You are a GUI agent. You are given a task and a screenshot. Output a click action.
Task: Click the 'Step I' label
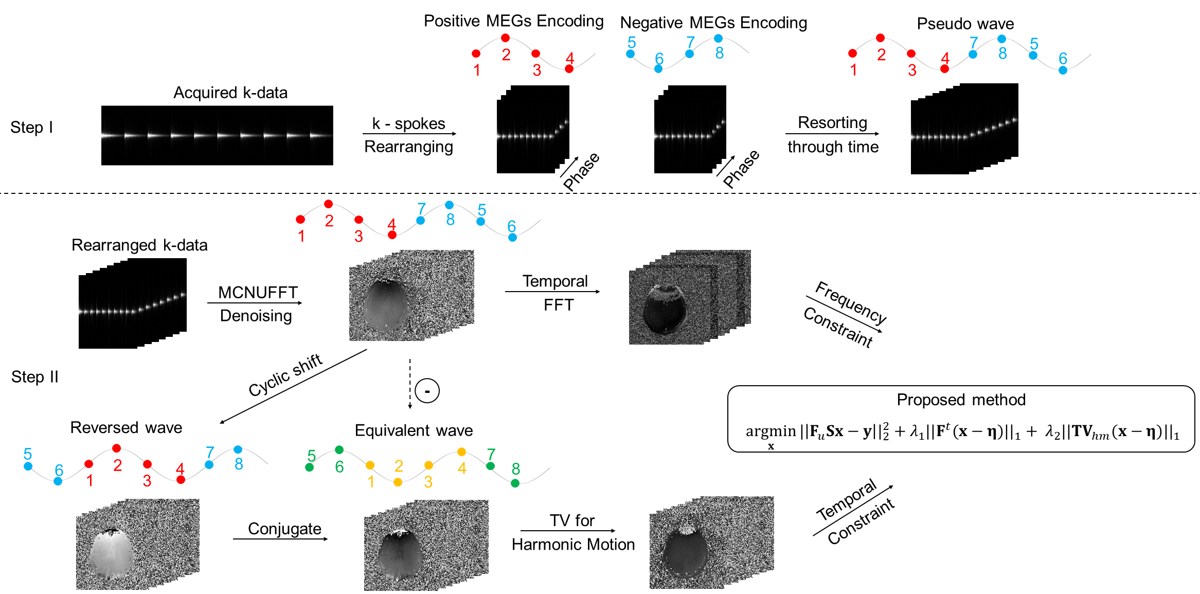(x=31, y=127)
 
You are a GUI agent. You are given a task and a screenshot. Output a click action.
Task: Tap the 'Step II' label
(x=34, y=377)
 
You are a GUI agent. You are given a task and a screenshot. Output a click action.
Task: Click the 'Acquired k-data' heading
(x=230, y=93)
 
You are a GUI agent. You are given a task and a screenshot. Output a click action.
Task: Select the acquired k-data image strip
(x=217, y=135)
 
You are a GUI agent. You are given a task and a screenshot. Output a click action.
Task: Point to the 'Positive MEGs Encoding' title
(x=513, y=21)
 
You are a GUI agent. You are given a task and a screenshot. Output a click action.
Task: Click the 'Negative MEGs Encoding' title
(x=713, y=23)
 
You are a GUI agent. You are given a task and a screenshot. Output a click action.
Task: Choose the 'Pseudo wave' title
(x=965, y=24)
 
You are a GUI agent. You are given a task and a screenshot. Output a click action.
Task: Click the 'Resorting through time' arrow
(x=832, y=134)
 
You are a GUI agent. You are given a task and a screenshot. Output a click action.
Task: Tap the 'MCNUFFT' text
(x=258, y=292)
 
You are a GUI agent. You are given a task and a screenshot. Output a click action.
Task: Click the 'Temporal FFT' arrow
(x=552, y=292)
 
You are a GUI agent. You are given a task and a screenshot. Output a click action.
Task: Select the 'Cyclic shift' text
(x=285, y=375)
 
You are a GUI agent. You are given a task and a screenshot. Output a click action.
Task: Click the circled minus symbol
(x=427, y=391)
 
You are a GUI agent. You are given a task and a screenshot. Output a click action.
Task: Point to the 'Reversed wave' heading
(x=126, y=427)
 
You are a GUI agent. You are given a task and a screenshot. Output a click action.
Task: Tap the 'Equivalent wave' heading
(x=414, y=430)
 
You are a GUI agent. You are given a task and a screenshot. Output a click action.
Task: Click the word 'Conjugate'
(x=284, y=529)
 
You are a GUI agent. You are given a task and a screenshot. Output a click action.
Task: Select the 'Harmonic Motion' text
(x=573, y=544)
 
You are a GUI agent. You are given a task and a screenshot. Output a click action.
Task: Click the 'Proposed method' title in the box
(x=961, y=400)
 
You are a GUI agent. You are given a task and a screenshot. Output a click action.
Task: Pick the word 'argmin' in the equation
(x=771, y=431)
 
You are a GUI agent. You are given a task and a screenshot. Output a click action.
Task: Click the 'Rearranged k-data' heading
(x=139, y=245)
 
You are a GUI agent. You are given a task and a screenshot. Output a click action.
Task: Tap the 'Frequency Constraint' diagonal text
(x=845, y=314)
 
